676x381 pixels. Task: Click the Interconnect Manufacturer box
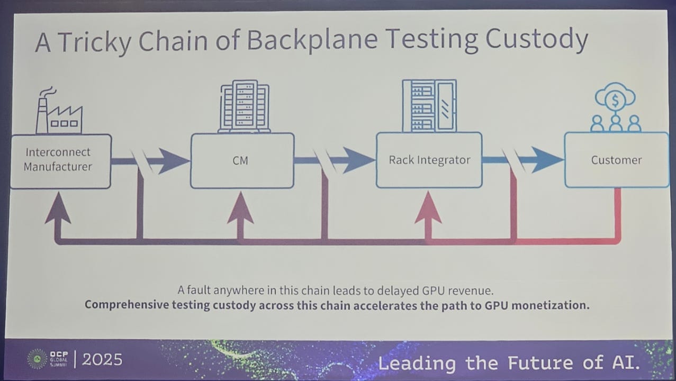(60, 160)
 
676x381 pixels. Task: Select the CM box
(241, 160)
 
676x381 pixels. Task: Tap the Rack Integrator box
(429, 160)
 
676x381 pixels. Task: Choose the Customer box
(616, 160)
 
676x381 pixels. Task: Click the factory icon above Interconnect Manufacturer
(58, 112)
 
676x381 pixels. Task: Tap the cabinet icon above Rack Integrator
(429, 105)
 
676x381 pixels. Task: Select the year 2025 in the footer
(102, 360)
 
